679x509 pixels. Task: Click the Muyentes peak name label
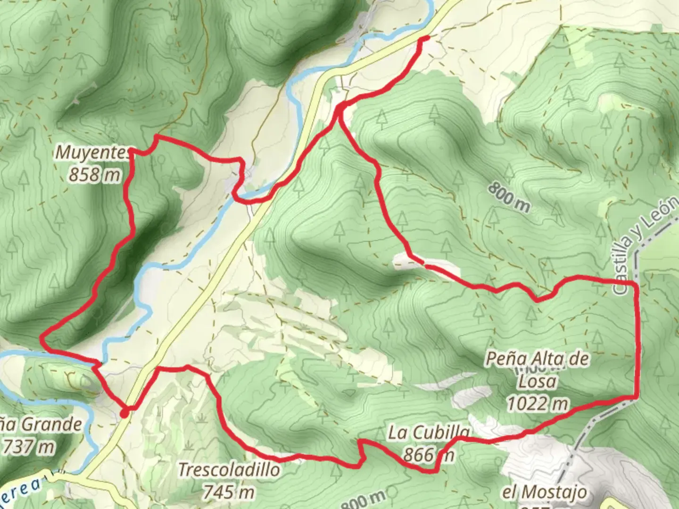(92, 153)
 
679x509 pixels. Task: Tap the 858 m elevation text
(94, 175)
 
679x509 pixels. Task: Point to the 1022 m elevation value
(537, 403)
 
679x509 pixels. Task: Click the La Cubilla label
(429, 433)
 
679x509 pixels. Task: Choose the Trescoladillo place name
(229, 469)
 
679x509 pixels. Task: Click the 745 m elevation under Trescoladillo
(229, 492)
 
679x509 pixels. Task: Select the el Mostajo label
(544, 493)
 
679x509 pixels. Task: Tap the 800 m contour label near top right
(509, 197)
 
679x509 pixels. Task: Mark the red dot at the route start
(124, 413)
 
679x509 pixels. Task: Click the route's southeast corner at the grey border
(636, 398)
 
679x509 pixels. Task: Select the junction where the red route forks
(340, 109)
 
